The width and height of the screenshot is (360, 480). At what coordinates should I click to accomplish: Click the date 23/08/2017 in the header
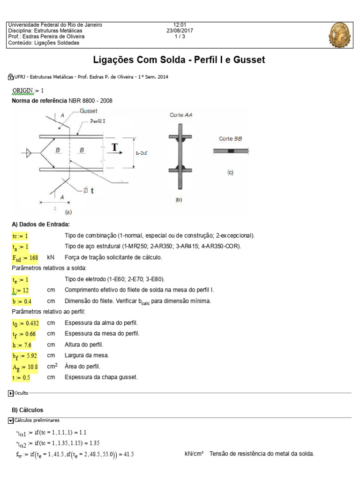point(180,30)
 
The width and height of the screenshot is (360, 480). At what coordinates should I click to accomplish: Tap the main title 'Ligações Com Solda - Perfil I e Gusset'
point(180,60)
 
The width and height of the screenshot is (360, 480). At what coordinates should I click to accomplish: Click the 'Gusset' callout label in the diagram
point(89,111)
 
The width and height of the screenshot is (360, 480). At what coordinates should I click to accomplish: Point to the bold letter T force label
point(114,149)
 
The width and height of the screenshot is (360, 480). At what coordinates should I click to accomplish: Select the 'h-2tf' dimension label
point(144,153)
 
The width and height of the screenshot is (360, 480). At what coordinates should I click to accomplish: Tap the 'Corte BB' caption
point(230,139)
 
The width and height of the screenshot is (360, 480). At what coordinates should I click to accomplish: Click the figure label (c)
point(230,172)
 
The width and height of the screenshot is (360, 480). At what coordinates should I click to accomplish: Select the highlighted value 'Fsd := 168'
point(25,258)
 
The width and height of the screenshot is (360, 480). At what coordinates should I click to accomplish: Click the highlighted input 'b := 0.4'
point(22,301)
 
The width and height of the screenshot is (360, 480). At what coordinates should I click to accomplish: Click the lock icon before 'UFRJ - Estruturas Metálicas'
point(11,76)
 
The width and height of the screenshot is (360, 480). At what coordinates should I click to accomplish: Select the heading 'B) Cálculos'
point(27,410)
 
